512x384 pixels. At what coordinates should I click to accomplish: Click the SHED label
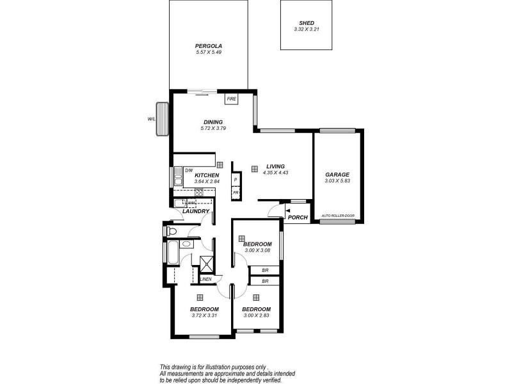(307, 23)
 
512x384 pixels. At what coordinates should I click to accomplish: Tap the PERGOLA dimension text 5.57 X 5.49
(208, 52)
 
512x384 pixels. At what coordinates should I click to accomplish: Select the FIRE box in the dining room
(231, 99)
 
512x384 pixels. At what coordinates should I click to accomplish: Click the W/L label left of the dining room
(151, 118)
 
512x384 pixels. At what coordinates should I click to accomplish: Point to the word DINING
(212, 122)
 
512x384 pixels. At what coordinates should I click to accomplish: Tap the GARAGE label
(337, 174)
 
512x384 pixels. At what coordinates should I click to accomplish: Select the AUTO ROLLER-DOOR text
(337, 216)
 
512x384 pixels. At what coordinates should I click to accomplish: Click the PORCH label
(298, 218)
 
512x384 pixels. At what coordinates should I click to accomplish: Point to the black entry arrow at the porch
(287, 209)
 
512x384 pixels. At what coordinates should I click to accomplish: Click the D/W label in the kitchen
(189, 170)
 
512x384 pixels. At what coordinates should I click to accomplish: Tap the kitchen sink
(177, 180)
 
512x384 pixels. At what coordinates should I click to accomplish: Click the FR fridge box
(236, 192)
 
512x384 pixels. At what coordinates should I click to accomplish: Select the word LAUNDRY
(196, 211)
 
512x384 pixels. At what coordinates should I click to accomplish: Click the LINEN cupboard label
(205, 279)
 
